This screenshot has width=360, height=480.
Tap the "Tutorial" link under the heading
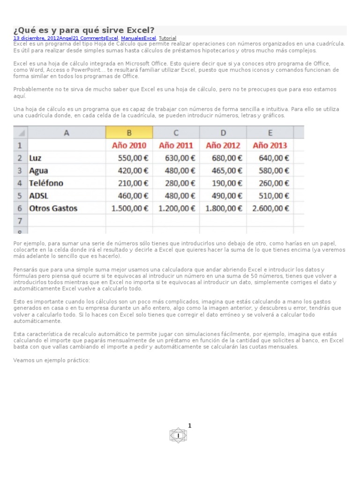pos(167,38)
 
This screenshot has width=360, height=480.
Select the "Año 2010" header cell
pos(129,145)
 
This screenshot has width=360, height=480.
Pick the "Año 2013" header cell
pos(270,145)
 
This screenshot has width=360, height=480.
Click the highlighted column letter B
pos(129,133)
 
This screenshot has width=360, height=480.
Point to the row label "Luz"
pos(35,158)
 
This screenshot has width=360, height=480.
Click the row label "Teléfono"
pos(46,183)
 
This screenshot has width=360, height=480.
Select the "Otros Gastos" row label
pos(53,208)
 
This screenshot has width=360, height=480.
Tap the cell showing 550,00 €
pos(133,158)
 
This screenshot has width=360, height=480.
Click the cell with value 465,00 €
pos(227,171)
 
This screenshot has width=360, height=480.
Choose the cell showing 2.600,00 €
pos(270,208)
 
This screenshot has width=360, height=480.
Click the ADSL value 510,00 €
pos(274,195)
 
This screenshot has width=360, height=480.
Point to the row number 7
pos(20,220)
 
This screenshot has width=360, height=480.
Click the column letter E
pos(270,133)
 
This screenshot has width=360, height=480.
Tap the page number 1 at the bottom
pos(190,426)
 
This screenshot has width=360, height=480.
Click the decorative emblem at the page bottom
pos(178,436)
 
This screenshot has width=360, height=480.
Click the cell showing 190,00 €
pos(227,183)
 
